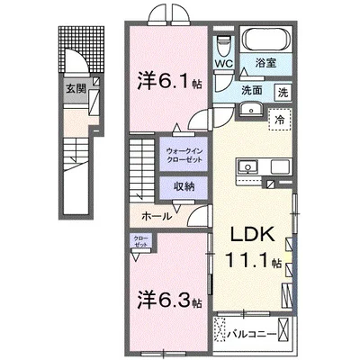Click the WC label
tap(224, 64)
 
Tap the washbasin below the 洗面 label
tap(251, 110)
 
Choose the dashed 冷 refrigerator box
tap(279, 119)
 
